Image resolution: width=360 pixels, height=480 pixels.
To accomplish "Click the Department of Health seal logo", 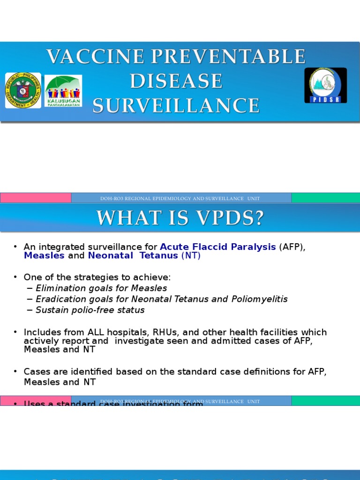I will tap(23, 90).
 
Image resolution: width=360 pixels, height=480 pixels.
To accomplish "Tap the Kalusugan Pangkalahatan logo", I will tap(63, 91).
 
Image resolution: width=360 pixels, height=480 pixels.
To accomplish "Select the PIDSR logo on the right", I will tap(325, 85).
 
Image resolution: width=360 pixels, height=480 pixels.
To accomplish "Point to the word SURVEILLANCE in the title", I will tap(176, 106).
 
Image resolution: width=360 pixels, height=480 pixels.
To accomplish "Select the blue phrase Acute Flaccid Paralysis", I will tap(218, 247).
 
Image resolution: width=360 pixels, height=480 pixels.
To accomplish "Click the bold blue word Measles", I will tap(44, 255).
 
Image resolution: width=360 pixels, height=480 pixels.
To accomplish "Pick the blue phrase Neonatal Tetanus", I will tap(133, 255).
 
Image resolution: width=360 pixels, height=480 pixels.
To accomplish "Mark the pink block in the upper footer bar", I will tap(36, 198).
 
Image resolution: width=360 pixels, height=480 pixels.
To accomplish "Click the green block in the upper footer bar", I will tap(325, 198).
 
